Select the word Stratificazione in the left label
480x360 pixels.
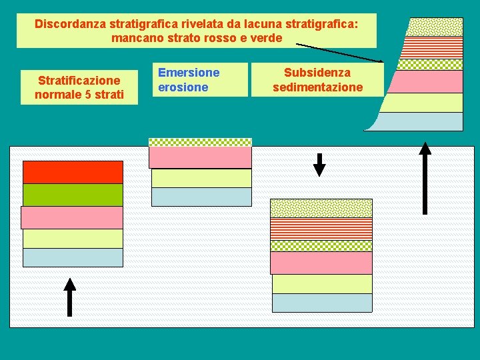(79, 81)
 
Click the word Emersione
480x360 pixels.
(189, 72)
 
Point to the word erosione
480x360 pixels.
(183, 87)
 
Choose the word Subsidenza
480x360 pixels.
(317, 72)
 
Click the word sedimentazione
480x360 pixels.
(317, 87)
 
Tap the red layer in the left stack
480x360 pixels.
(73, 172)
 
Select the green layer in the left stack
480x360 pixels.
(73, 195)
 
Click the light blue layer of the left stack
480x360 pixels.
(73, 257)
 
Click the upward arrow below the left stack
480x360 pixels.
(69, 297)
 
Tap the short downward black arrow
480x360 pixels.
(319, 165)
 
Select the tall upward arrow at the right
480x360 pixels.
(425, 178)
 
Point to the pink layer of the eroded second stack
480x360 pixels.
(200, 157)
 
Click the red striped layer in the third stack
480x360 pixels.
(321, 229)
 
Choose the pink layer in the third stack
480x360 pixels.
(321, 263)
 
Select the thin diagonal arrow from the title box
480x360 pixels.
(340, 53)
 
